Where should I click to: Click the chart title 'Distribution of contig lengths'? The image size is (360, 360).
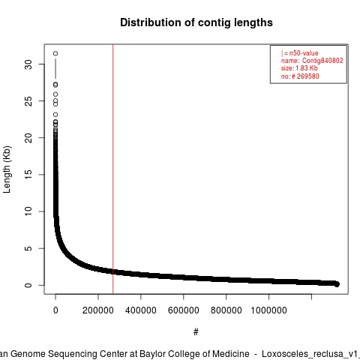pyautogui.click(x=196, y=22)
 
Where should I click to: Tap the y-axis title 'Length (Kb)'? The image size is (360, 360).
pyautogui.click(x=7, y=169)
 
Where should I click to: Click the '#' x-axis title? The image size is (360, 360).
pyautogui.click(x=196, y=332)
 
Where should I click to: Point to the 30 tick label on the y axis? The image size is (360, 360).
pyautogui.click(x=28, y=64)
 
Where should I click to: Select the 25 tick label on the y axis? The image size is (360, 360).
pyautogui.click(x=28, y=101)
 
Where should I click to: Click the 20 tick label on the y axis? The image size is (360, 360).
pyautogui.click(x=28, y=138)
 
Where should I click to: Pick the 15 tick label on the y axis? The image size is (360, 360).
pyautogui.click(x=28, y=175)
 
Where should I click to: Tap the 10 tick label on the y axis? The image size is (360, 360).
pyautogui.click(x=28, y=211)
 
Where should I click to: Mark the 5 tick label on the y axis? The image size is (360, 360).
pyautogui.click(x=28, y=248)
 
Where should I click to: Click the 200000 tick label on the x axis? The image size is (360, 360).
pyautogui.click(x=98, y=310)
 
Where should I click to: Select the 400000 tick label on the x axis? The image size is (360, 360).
pyautogui.click(x=141, y=310)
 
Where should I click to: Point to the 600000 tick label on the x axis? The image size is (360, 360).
pyautogui.click(x=184, y=310)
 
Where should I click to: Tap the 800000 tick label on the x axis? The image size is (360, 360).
pyautogui.click(x=226, y=310)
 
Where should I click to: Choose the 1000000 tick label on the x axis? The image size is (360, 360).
pyautogui.click(x=268, y=310)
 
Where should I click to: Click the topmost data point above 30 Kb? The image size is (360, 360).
pyautogui.click(x=55, y=53)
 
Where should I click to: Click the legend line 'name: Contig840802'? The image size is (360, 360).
pyautogui.click(x=312, y=61)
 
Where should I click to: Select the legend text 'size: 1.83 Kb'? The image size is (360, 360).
pyautogui.click(x=299, y=68)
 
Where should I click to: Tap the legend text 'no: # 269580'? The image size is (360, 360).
pyautogui.click(x=300, y=76)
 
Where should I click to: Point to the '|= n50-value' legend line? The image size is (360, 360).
pyautogui.click(x=300, y=53)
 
